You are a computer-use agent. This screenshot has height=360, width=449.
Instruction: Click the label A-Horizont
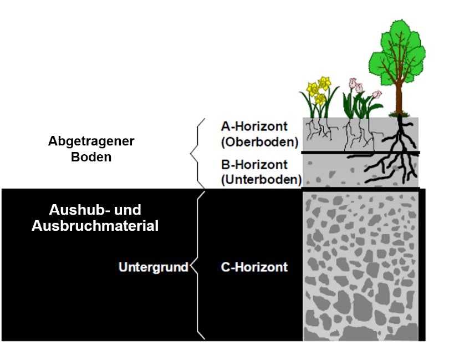coord(254,126)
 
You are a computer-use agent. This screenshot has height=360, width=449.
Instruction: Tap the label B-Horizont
coord(254,165)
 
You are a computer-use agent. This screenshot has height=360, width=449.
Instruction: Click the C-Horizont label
coord(254,267)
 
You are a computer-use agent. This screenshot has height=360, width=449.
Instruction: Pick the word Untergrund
coord(154,267)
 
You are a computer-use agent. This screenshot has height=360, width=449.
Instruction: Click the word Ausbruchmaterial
coord(95,226)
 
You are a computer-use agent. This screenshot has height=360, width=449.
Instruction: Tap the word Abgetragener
coord(91,141)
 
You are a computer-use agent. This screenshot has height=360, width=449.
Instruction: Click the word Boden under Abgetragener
coord(91,156)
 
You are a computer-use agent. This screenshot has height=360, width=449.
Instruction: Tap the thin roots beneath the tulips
coord(355,133)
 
